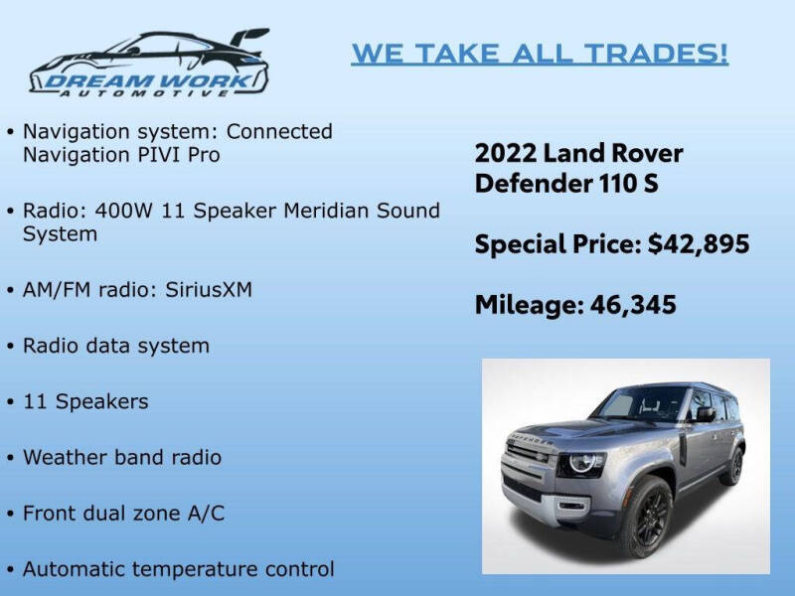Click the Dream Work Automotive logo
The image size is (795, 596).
(x=149, y=64)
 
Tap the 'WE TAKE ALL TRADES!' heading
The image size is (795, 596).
(x=540, y=54)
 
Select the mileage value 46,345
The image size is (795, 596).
(x=634, y=305)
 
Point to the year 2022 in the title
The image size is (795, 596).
(x=505, y=154)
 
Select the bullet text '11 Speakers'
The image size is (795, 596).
(x=85, y=401)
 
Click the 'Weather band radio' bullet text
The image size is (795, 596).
(x=122, y=458)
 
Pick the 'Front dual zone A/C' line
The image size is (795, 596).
(x=123, y=514)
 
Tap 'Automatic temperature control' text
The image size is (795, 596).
(x=178, y=569)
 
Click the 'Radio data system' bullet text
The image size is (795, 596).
(x=116, y=346)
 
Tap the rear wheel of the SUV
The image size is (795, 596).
(x=734, y=464)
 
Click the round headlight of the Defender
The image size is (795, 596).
(x=582, y=463)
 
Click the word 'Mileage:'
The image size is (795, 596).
(x=527, y=305)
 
